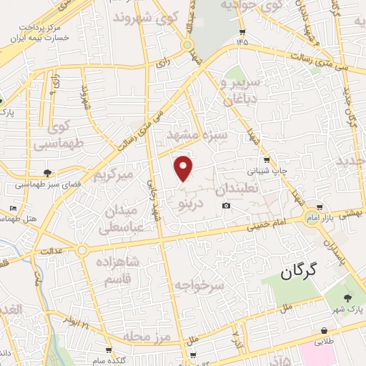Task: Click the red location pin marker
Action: (x=184, y=167)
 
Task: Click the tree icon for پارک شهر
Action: (x=347, y=298)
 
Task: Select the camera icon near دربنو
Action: (x=227, y=206)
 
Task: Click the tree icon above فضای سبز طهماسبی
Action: (x=48, y=172)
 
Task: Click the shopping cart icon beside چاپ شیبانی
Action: (x=267, y=159)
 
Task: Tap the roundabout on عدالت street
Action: (x=83, y=250)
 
